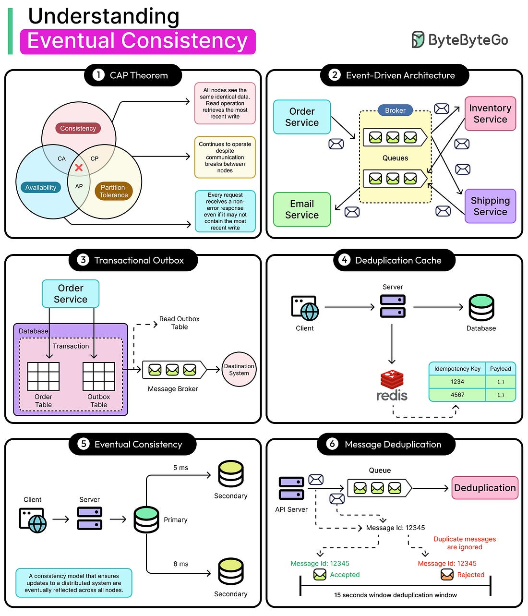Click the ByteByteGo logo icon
[x=418, y=39]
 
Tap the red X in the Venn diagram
[x=79, y=168]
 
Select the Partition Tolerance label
[x=113, y=191]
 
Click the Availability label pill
[x=41, y=188]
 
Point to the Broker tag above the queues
[x=395, y=110]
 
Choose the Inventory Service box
[x=490, y=114]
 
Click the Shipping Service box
[x=490, y=206]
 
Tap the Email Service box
[x=302, y=209]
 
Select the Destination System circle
[x=239, y=369]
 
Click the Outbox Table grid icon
[x=99, y=376]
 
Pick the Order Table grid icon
[x=44, y=376]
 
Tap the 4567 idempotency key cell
[x=457, y=395]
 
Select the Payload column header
[x=501, y=369]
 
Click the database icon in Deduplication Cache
[x=481, y=307]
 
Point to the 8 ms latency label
[x=181, y=564]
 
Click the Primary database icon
[x=146, y=519]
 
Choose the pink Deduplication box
[x=485, y=488]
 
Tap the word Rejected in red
[x=470, y=575]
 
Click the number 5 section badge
[x=84, y=444]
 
